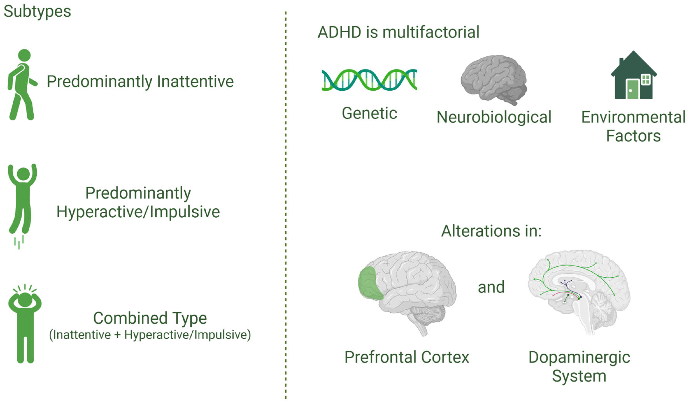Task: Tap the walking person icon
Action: (x=22, y=85)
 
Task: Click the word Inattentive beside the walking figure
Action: (x=195, y=82)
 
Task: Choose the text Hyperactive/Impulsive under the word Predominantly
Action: (x=138, y=212)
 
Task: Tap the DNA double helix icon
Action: (x=369, y=80)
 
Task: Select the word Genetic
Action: (x=369, y=113)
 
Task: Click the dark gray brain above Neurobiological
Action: (x=494, y=79)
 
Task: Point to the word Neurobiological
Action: (x=494, y=117)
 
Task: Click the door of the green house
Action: (x=632, y=89)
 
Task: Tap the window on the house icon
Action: (x=646, y=80)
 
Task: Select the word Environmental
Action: (x=633, y=117)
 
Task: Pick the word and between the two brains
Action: (x=491, y=287)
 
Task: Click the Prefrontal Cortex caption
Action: (x=407, y=357)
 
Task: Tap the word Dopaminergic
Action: (x=579, y=357)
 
